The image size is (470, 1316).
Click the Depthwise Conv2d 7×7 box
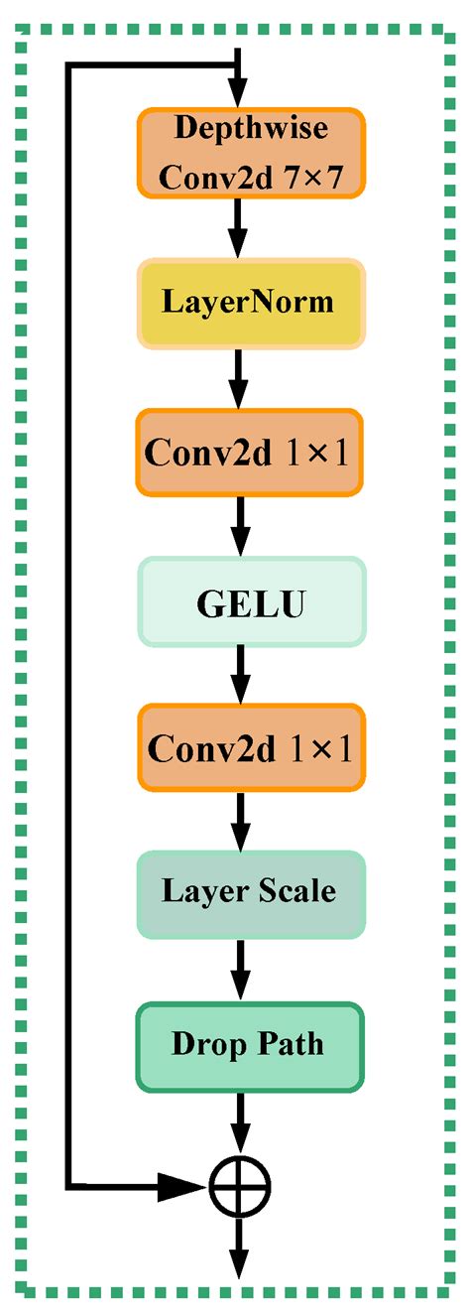251,151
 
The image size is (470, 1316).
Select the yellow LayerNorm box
251,303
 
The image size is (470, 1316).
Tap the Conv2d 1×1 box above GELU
251,452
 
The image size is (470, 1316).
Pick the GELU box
251,602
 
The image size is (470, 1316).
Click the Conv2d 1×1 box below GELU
251,749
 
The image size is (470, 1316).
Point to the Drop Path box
251,1045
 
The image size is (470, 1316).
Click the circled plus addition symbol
239,1184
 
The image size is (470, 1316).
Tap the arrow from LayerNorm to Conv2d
237,377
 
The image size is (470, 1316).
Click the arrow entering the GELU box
237,527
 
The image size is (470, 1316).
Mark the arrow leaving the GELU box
237,675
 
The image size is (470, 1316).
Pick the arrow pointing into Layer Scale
237,821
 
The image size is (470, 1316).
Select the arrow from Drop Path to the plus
237,1121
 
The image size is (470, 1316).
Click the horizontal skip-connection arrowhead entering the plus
184,1184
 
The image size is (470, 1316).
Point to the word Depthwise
251,128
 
